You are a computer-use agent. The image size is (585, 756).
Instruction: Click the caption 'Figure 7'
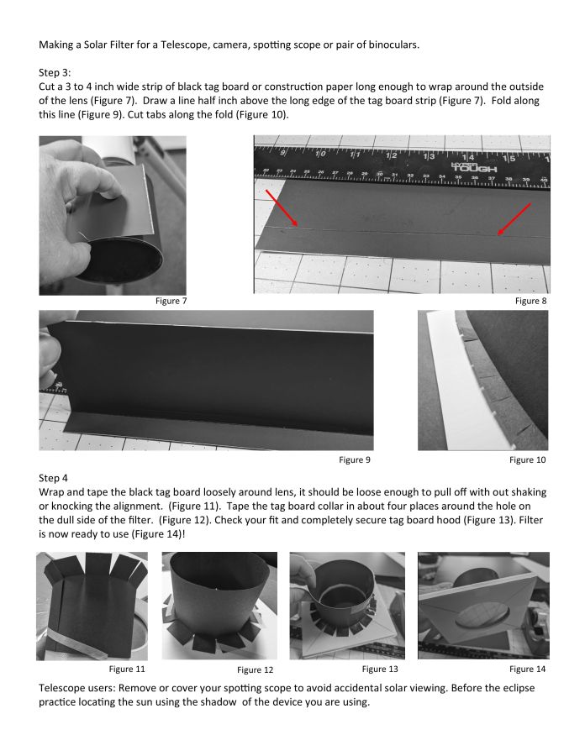pyautogui.click(x=171, y=301)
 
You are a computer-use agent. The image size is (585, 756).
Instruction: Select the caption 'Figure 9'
pyautogui.click(x=355, y=459)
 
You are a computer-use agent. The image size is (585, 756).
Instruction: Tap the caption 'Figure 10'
pyautogui.click(x=528, y=459)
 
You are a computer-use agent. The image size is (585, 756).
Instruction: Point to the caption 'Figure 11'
pyautogui.click(x=127, y=669)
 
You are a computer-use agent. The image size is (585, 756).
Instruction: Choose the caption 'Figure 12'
pyautogui.click(x=255, y=669)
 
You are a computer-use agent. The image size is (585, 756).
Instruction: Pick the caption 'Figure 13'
pyautogui.click(x=380, y=669)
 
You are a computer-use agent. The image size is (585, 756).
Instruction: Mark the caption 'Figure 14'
pyautogui.click(x=528, y=669)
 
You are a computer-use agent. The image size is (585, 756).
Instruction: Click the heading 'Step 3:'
pyautogui.click(x=60, y=73)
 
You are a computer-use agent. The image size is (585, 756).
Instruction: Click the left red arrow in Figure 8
pyautogui.click(x=282, y=207)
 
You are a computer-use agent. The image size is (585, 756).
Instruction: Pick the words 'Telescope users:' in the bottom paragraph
pyautogui.click(x=81, y=687)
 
